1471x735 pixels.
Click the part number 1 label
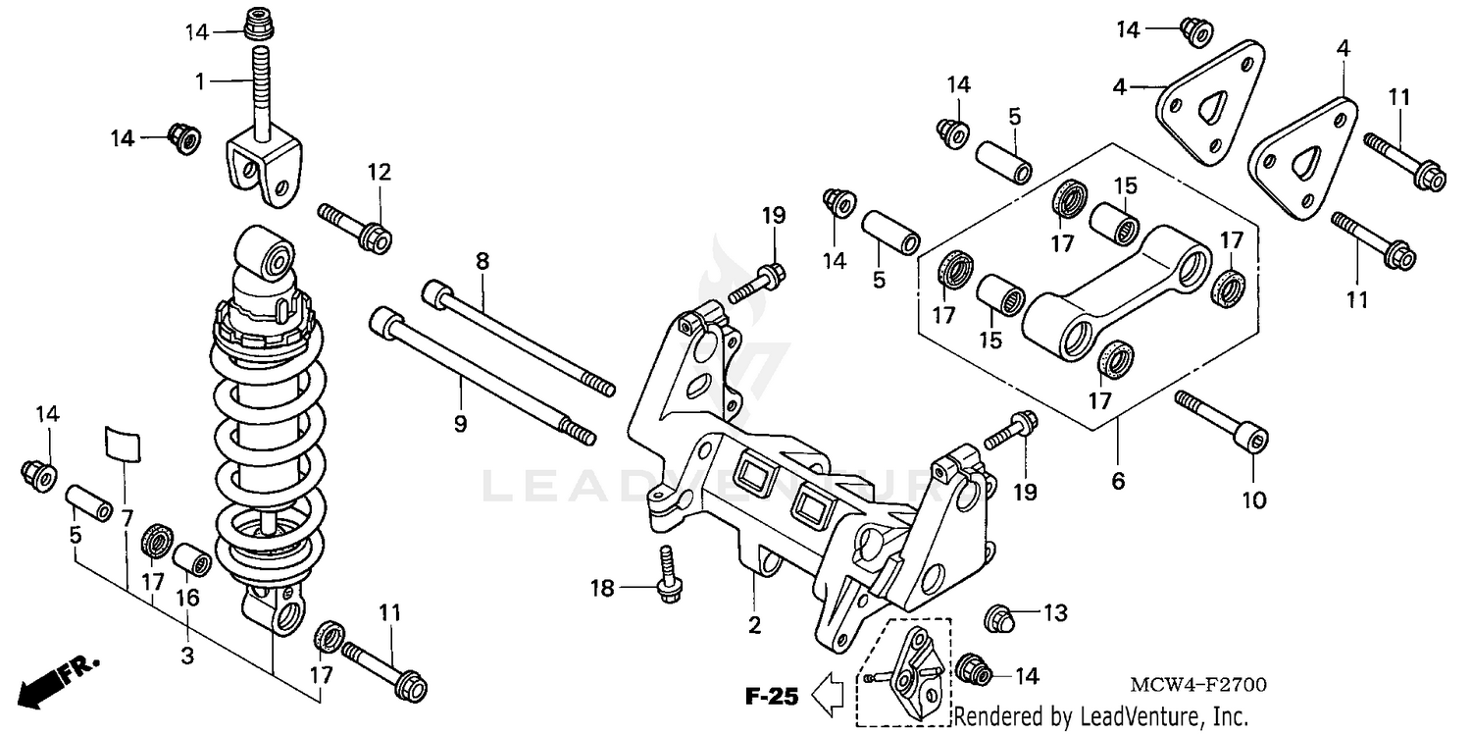[x=200, y=81]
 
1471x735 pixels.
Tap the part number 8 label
[x=482, y=261]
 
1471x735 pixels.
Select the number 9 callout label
[x=459, y=424]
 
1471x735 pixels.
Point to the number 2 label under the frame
[x=754, y=623]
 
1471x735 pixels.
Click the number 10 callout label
[x=1253, y=500]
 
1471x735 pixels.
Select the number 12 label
[x=380, y=173]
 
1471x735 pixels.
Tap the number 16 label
[x=187, y=598]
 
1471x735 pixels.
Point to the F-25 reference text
[x=772, y=698]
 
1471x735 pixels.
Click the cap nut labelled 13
[x=999, y=618]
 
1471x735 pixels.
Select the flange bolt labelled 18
[x=669, y=574]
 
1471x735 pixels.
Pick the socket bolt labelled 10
[x=1222, y=419]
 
